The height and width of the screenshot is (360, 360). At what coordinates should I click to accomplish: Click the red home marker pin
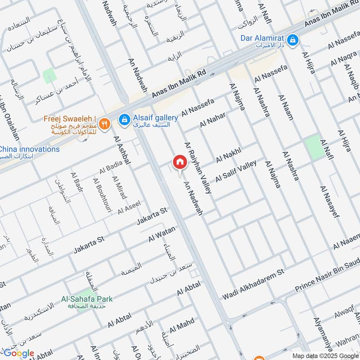click(180, 162)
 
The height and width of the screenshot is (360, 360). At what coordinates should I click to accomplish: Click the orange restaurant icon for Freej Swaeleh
click(104, 123)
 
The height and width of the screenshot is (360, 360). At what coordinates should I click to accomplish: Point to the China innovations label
click(29, 149)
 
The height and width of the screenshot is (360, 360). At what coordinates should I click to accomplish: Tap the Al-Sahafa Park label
click(87, 298)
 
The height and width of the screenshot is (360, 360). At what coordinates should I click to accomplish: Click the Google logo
click(19, 353)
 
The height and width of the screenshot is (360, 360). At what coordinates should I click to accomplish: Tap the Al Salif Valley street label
click(235, 171)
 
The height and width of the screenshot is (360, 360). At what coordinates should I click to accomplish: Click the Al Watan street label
click(162, 236)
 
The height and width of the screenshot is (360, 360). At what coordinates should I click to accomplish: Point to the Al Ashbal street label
click(122, 149)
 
